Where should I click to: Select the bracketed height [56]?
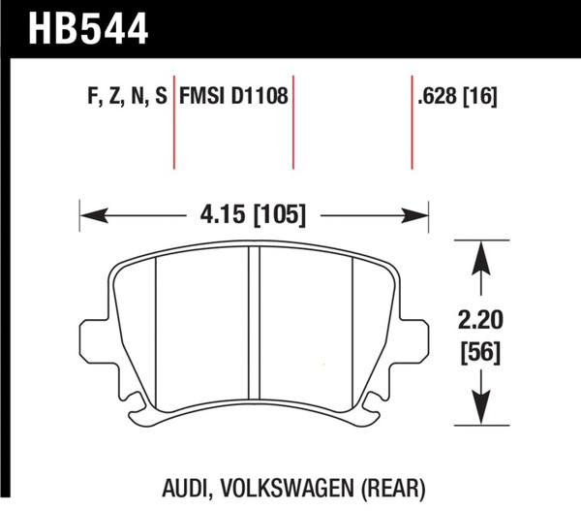tap(479, 354)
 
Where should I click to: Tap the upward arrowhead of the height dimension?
tap(478, 251)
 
